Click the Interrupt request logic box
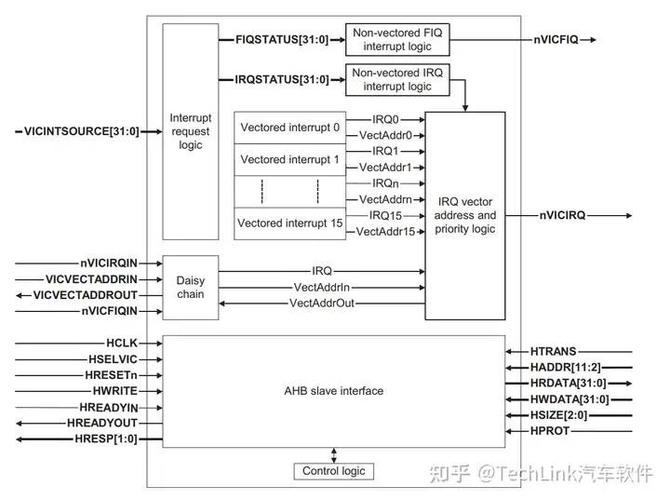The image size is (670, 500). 190,131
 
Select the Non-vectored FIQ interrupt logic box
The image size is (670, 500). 397,39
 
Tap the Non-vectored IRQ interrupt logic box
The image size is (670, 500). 397,80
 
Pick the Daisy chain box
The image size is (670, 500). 190,287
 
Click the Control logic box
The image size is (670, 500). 334,471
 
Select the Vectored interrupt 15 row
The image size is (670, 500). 289,223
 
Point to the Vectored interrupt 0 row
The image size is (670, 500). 289,128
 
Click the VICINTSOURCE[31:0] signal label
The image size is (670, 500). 81,131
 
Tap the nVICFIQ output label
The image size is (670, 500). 556,39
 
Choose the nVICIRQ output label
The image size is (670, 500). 562,216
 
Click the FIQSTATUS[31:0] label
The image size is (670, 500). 275,39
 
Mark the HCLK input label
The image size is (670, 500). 121,343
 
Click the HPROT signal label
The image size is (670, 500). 551,432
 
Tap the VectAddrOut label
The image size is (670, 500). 321,304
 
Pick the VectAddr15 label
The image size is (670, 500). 385,232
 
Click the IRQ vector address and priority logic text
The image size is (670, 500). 465,216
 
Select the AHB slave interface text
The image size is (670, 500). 334,391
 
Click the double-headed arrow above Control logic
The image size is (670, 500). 334,454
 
